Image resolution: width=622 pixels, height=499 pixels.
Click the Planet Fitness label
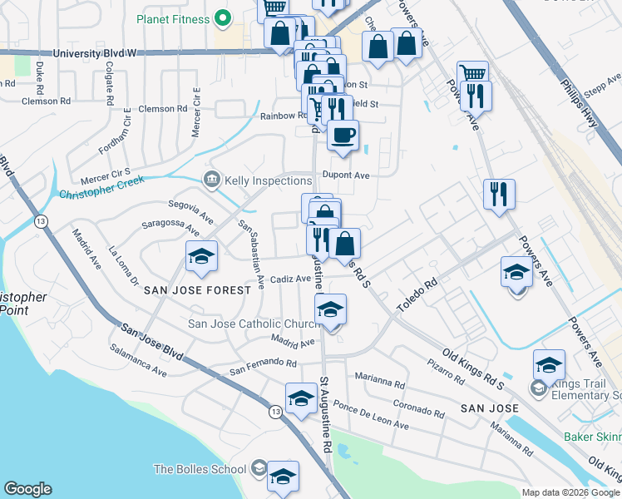(x=172, y=16)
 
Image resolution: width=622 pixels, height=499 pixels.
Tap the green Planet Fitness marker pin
(x=222, y=17)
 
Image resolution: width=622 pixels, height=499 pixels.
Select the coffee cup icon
(x=342, y=135)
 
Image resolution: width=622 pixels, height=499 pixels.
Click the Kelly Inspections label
(x=268, y=180)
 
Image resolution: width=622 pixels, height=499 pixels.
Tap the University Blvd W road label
(x=94, y=53)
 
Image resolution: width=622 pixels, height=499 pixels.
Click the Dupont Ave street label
(x=345, y=175)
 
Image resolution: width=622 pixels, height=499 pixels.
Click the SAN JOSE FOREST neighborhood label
(x=196, y=290)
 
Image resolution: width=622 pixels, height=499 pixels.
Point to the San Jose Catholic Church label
(x=254, y=324)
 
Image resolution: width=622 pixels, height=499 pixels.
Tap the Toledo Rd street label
(x=417, y=295)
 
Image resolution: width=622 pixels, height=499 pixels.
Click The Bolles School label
(x=199, y=469)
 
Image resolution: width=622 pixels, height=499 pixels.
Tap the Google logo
(x=28, y=489)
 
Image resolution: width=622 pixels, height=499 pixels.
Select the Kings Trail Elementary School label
(x=586, y=388)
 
